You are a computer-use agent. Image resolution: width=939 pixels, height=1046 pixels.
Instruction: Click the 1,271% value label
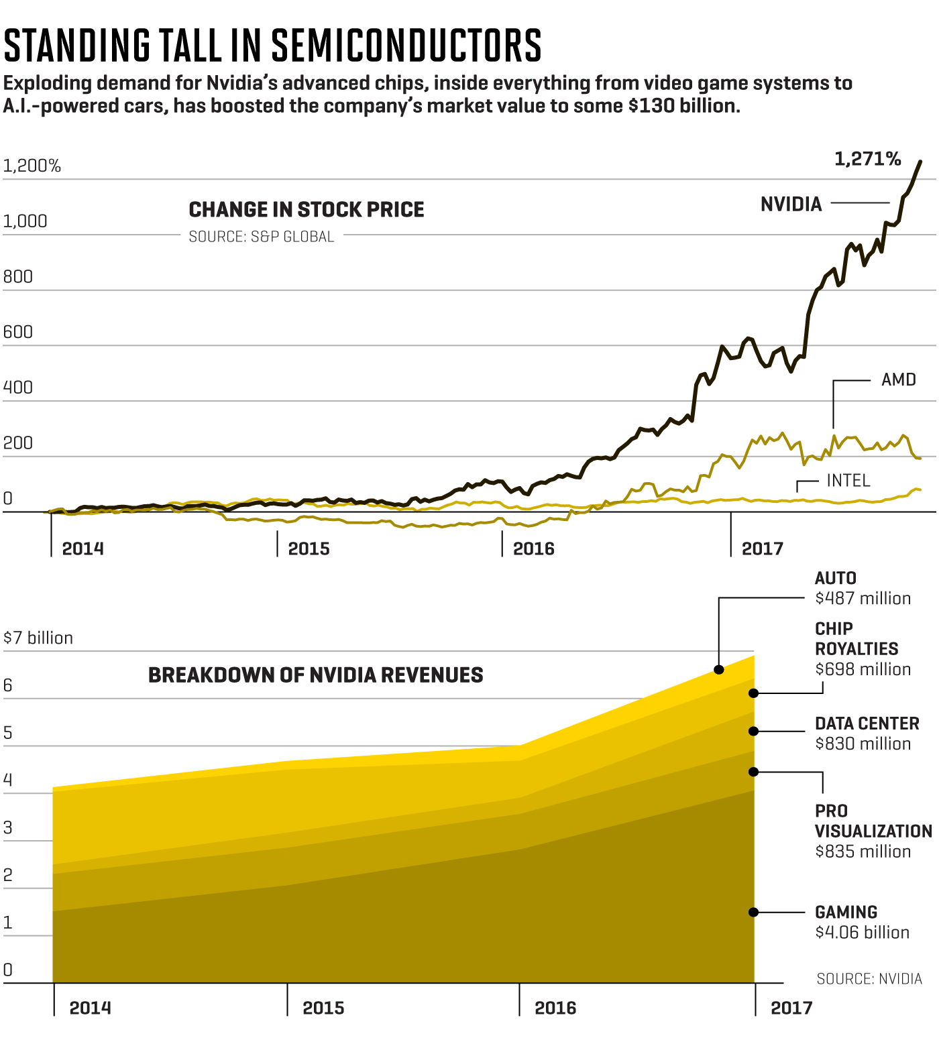coord(867,159)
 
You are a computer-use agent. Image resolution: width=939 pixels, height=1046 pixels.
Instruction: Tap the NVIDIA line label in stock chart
coord(791,205)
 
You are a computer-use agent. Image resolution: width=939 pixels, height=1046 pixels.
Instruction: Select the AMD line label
coord(898,380)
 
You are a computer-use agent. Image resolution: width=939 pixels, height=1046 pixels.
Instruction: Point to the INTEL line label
coord(848,481)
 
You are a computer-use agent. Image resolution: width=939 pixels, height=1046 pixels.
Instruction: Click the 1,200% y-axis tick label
coord(32,166)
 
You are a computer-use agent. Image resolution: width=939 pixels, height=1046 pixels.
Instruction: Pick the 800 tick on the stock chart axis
coord(17,277)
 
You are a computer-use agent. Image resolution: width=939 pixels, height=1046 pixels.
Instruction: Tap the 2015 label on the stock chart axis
coord(309,549)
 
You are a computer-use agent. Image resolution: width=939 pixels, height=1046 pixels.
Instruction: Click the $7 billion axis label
coord(38,638)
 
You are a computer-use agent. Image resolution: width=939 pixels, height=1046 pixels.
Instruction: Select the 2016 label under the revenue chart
coord(555,1008)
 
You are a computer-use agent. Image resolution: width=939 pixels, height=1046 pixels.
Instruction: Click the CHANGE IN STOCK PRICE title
coord(307,210)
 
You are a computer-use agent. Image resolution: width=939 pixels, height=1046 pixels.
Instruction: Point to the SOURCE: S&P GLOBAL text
coord(261,237)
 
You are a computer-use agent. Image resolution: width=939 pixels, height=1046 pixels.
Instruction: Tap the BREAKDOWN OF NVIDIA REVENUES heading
coord(315,675)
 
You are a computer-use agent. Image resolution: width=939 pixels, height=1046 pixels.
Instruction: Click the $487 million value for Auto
coord(863,598)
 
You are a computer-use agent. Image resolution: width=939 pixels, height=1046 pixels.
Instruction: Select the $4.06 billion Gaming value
coord(862,933)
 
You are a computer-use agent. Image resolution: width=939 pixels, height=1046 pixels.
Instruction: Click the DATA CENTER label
coord(867,724)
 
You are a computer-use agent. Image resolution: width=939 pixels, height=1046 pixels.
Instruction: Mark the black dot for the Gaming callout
coord(753,912)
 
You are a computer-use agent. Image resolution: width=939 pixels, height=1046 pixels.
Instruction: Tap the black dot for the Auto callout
coord(718,669)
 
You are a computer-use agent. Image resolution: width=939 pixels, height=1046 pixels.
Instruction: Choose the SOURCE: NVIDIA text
coord(869,979)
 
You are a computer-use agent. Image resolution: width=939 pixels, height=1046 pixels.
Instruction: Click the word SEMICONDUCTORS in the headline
coord(406,46)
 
